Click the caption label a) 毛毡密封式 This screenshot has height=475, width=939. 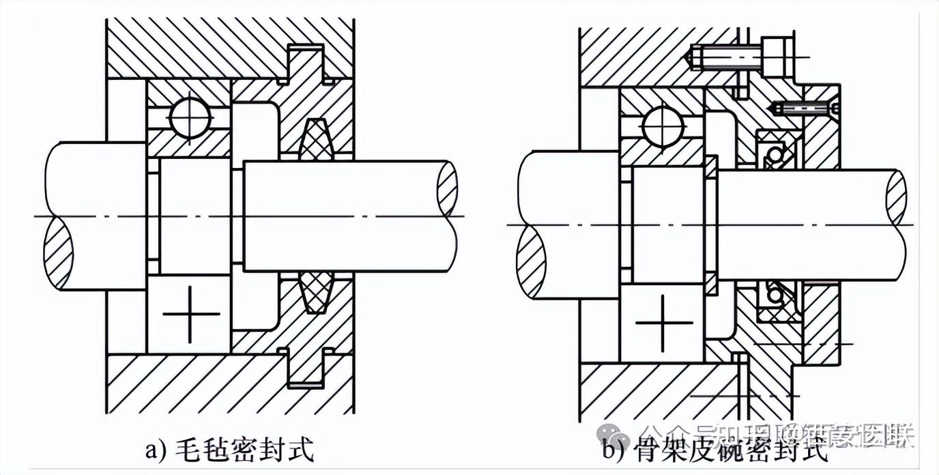[x=229, y=450]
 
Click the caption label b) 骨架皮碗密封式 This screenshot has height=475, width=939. [x=715, y=450]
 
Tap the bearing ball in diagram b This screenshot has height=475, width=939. [x=661, y=128]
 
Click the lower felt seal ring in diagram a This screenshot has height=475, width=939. [x=315, y=292]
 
